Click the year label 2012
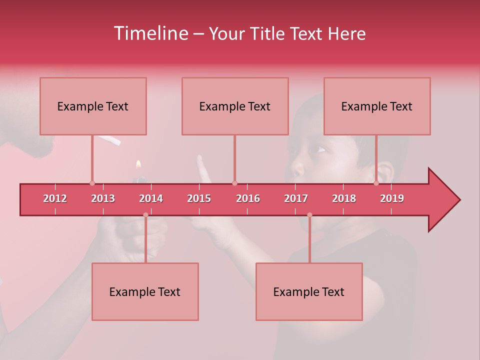tap(55, 198)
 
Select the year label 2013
tap(103, 198)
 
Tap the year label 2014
tap(151, 198)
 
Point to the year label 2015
tap(199, 198)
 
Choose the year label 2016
tap(248, 198)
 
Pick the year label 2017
tap(296, 198)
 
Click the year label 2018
tap(344, 198)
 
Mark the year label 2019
tap(392, 198)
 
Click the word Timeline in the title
tap(150, 33)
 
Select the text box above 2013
tap(93, 106)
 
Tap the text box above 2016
tap(235, 106)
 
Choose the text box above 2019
tap(377, 106)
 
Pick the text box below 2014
tap(145, 291)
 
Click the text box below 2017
tap(309, 291)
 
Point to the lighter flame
tap(138, 164)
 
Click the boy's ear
tap(385, 172)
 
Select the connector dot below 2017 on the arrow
tap(309, 215)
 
